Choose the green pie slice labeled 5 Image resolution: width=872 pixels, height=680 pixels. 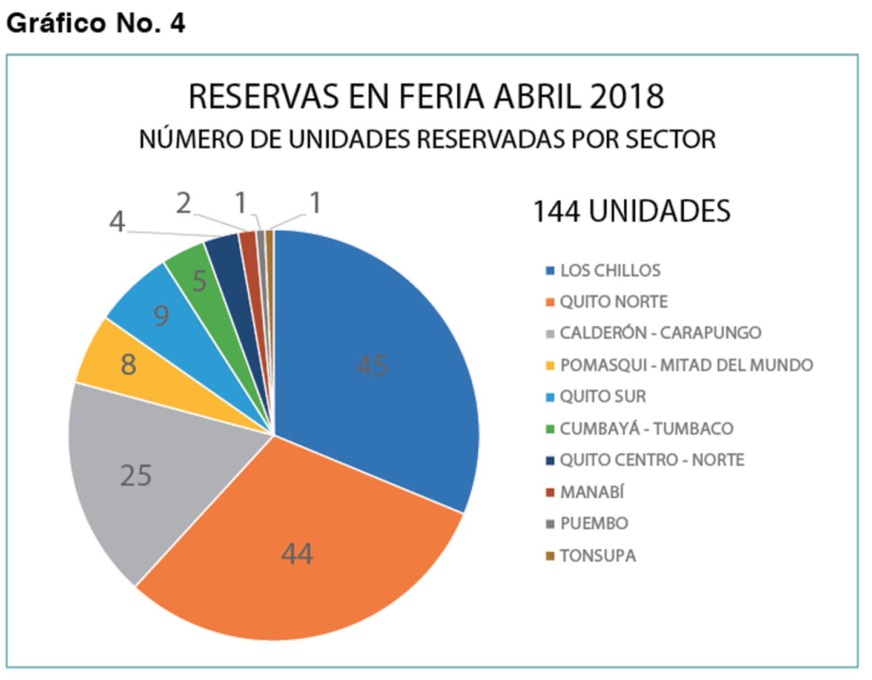pos(197,276)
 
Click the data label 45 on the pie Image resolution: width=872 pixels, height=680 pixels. pos(371,365)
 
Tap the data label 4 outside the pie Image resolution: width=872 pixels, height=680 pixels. pos(117,222)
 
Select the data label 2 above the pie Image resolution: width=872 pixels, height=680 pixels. pos(183,203)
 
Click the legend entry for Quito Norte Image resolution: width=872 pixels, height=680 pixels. pos(613,302)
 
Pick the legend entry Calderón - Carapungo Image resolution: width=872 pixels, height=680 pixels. pos(660,333)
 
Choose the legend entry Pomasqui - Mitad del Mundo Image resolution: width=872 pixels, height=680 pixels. pos(686,365)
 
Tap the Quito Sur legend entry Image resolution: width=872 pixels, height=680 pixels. pos(603,397)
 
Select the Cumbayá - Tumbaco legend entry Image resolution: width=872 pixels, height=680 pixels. pos(646,429)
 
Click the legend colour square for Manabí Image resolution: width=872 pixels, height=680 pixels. pos(550,492)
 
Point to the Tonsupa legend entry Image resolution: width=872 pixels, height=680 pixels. pos(598,556)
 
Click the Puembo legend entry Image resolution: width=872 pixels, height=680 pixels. pos(593,524)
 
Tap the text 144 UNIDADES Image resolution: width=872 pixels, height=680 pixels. pos(632,212)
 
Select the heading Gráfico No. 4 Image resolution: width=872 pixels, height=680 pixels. pos(96,23)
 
